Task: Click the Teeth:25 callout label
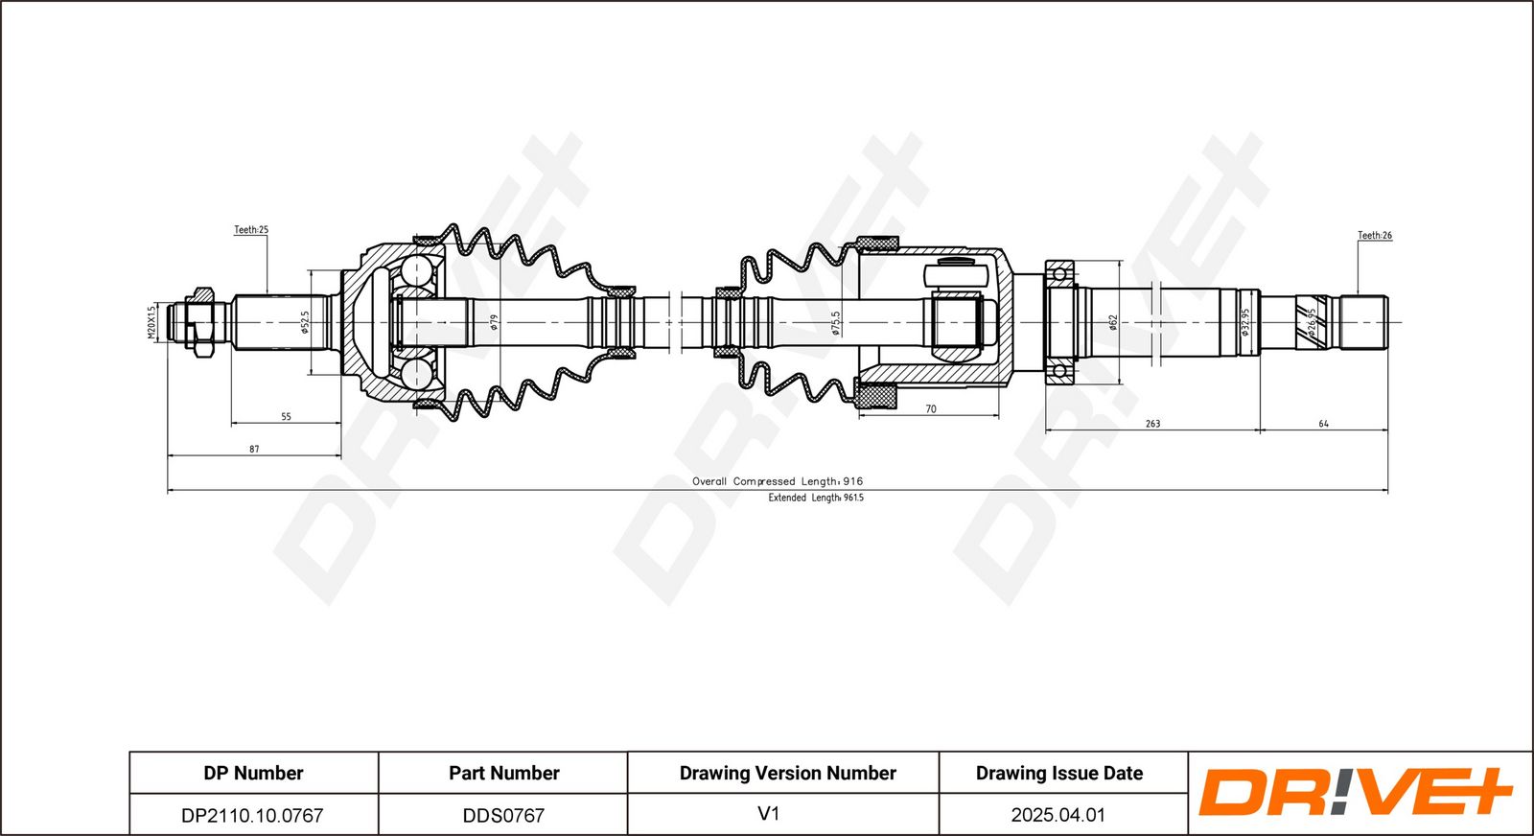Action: [251, 230]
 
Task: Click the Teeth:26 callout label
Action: [1375, 236]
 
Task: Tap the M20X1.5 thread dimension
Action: [152, 322]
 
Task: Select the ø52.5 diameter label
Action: [306, 322]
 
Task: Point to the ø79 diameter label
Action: [495, 322]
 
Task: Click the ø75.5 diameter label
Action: [835, 322]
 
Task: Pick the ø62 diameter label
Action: [1113, 322]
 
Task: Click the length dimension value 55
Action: [287, 416]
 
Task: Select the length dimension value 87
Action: [254, 449]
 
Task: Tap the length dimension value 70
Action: [931, 408]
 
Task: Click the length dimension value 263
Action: [1153, 424]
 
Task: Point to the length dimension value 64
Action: [1324, 424]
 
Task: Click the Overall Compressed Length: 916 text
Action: [778, 481]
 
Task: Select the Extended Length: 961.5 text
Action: [816, 498]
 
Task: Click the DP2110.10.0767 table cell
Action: [252, 816]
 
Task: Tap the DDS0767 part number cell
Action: [504, 816]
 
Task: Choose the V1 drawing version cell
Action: [769, 814]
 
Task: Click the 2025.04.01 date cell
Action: [1058, 816]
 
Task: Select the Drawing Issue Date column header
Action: [1059, 773]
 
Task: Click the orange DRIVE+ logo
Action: [1356, 793]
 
